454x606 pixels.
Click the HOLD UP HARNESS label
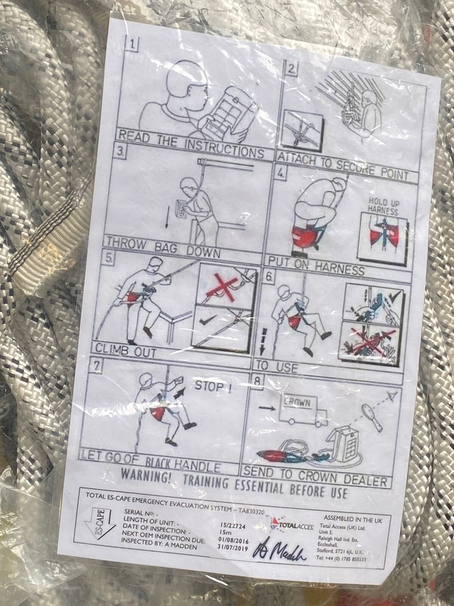[384, 206]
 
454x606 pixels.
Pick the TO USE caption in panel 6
[276, 366]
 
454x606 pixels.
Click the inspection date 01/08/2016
[230, 539]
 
